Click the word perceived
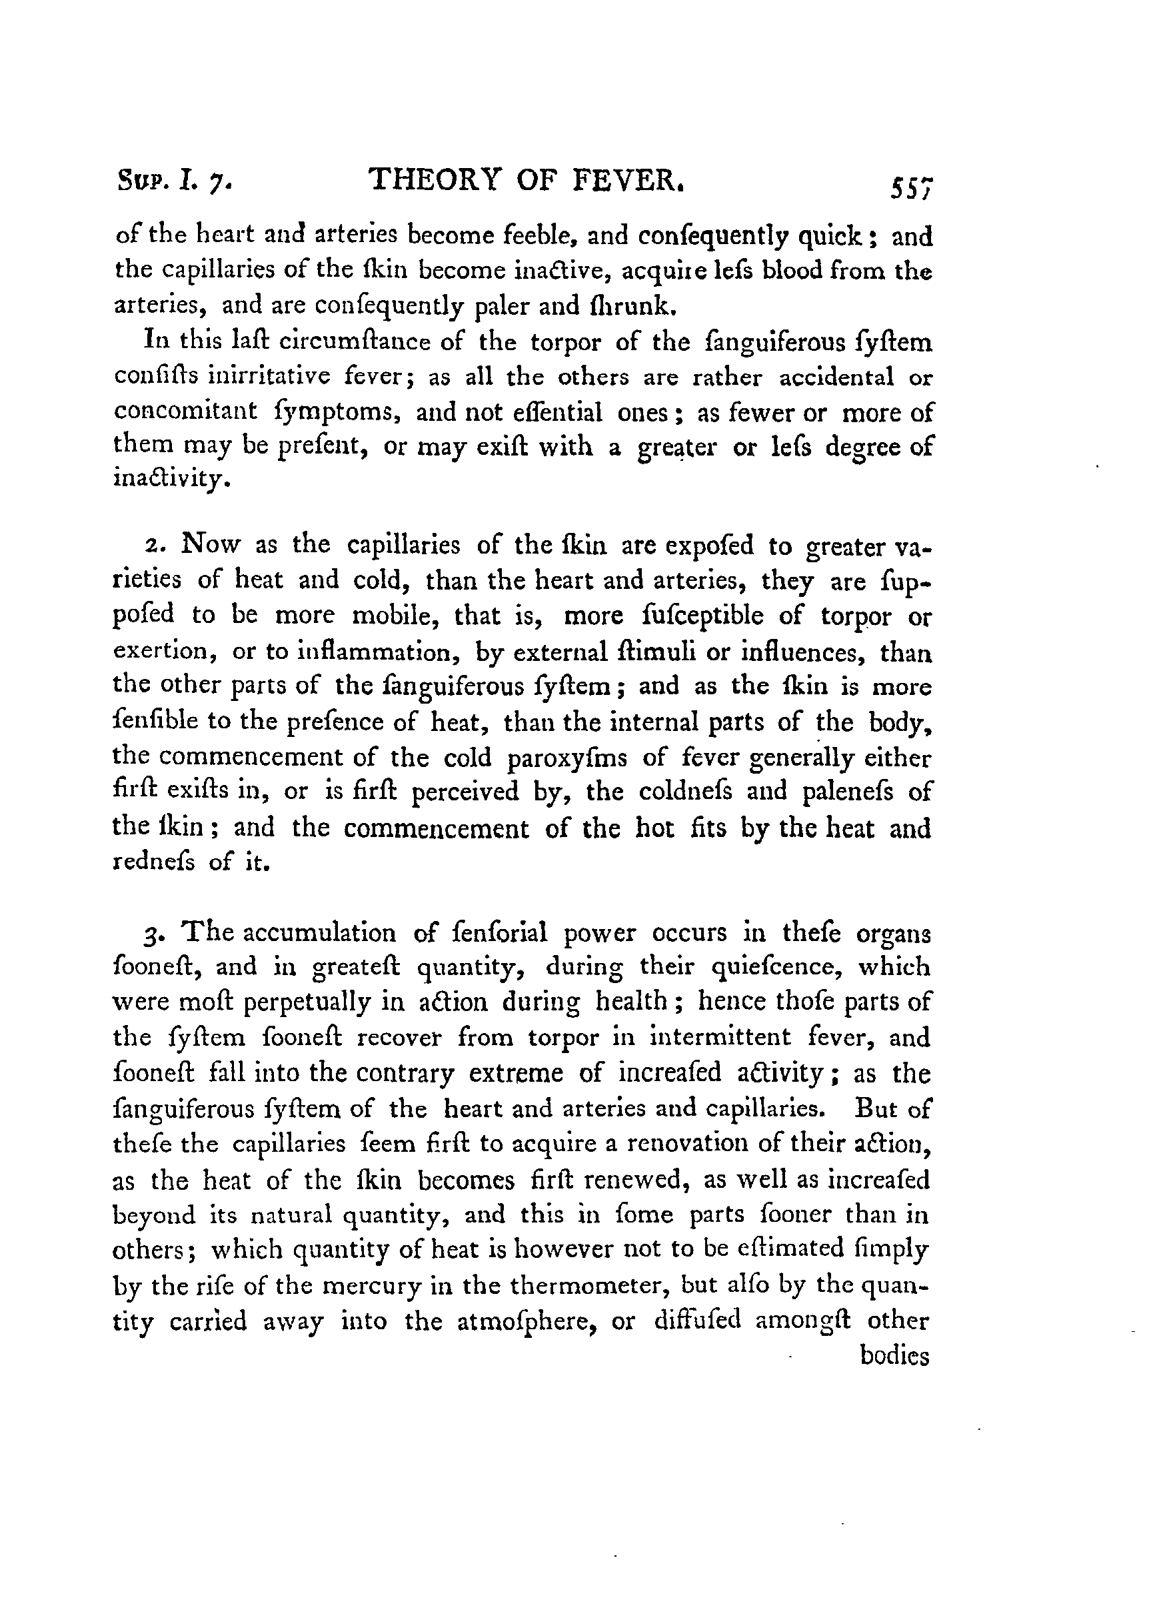click(465, 792)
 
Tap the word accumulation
click(319, 932)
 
